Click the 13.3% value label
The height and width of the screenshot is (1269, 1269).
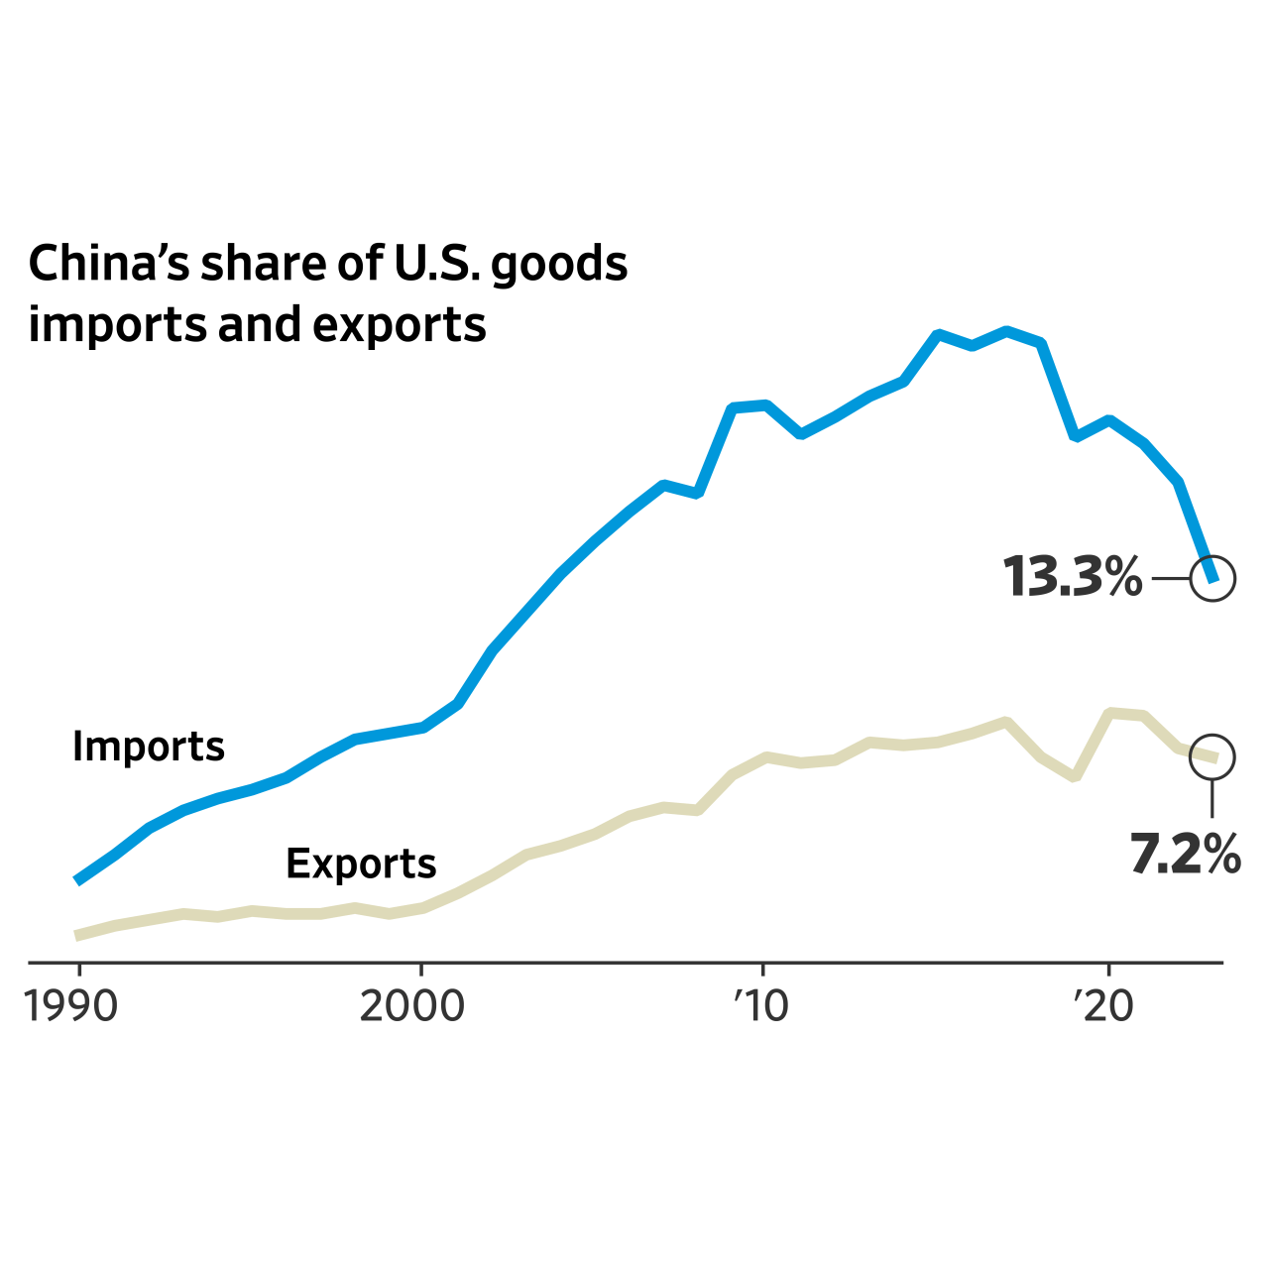pos(1073,577)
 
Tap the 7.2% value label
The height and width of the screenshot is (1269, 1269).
pos(1185,854)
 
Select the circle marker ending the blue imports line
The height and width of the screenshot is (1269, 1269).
pos(1212,578)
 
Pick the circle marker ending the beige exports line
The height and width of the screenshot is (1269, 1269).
pos(1212,756)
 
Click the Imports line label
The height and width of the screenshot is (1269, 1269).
pos(149,747)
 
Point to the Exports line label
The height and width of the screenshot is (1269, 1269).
pos(361,865)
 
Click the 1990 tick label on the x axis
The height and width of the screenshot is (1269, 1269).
pos(71,1007)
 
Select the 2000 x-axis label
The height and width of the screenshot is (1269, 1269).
pos(411,1007)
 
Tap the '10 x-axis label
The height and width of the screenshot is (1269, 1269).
pos(761,1007)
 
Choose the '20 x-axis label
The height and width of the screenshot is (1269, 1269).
pos(1103,1007)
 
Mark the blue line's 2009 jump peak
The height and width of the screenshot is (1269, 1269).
pos(733,407)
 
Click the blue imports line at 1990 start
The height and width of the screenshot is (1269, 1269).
pos(78,880)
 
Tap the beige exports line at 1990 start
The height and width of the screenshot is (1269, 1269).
pos(78,935)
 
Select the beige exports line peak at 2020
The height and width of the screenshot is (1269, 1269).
pos(1110,713)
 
